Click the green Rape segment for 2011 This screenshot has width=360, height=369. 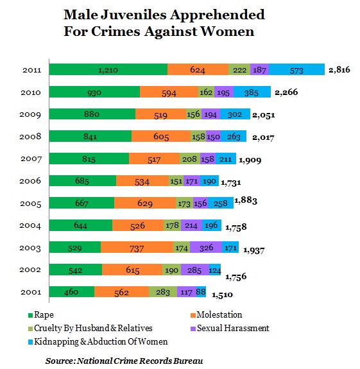point(108,69)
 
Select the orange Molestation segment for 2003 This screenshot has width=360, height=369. point(137,247)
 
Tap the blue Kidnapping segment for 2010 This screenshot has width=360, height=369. point(252,92)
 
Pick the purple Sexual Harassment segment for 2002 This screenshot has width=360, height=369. point(195,270)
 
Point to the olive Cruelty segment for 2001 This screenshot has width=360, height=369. point(163,292)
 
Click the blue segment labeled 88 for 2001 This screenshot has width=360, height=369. point(201,292)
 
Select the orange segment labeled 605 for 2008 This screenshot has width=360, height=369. point(161,136)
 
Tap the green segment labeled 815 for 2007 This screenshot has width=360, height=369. point(89,159)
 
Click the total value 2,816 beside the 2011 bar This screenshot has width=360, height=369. point(339,70)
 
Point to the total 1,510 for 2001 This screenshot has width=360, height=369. point(222,295)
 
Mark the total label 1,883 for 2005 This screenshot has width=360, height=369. point(246,200)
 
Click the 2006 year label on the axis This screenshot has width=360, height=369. point(30,181)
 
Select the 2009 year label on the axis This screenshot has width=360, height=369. point(30,114)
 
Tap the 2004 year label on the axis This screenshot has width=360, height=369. point(30,225)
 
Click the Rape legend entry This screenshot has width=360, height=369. point(41,315)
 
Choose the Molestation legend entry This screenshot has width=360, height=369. point(216,315)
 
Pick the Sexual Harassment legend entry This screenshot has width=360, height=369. point(230,329)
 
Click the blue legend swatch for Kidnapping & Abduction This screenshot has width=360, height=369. point(30,342)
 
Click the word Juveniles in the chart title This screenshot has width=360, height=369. point(133,15)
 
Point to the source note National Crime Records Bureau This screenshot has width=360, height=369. point(141,361)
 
